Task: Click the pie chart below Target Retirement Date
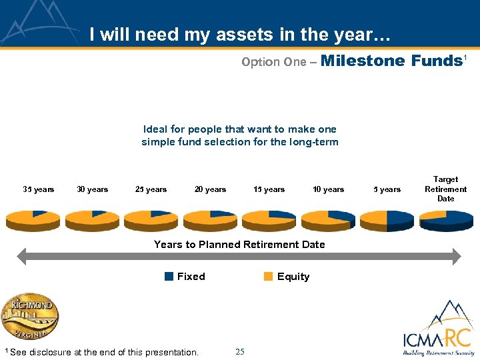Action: tap(445, 219)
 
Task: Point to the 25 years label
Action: tap(151, 189)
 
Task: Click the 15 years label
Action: tap(269, 189)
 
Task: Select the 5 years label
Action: tap(387, 189)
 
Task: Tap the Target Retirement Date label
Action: tap(445, 189)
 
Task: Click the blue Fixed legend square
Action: tap(169, 277)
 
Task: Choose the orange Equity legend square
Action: tap(268, 277)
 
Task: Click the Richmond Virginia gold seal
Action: tap(29, 316)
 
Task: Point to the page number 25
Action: tap(240, 351)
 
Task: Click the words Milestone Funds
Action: tap(391, 61)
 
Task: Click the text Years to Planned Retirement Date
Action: tap(239, 245)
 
